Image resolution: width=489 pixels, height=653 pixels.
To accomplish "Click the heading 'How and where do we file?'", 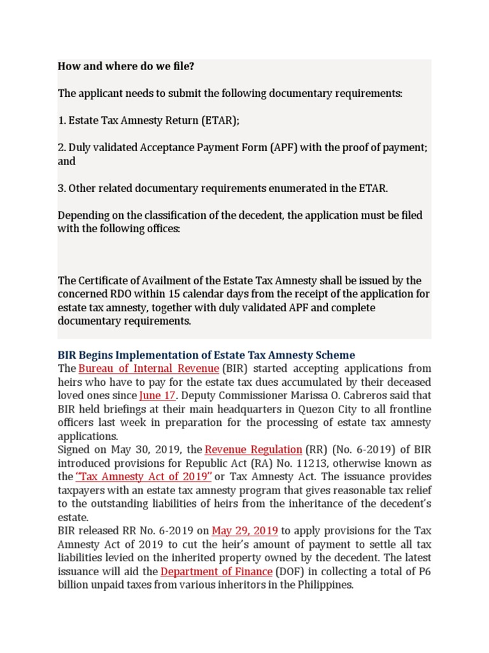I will tap(125, 66).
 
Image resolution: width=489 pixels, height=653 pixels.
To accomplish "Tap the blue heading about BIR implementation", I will tap(206, 355).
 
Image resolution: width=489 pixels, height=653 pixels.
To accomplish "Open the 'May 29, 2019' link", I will tap(244, 531).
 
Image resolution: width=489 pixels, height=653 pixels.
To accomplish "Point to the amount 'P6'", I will tap(425, 571).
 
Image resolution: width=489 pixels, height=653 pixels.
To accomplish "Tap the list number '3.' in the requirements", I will tap(62, 188).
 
